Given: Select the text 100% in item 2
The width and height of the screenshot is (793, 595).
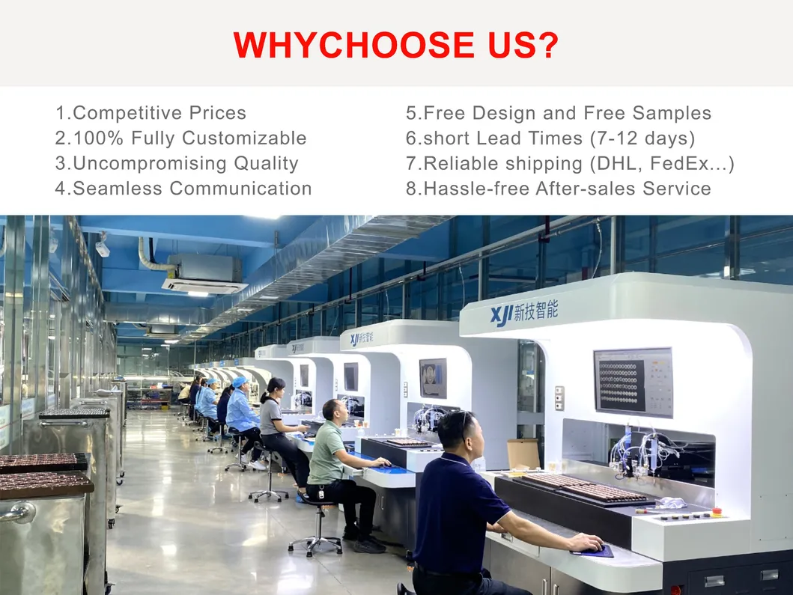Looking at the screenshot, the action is point(98,138).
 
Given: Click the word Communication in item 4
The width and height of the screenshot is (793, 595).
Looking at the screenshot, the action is point(240,188).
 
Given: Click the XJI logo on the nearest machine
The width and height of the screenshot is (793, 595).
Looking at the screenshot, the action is point(502,315).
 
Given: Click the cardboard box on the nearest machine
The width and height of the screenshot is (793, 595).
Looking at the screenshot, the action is point(523,454).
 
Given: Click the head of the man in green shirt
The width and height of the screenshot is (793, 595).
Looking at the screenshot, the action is point(335,412).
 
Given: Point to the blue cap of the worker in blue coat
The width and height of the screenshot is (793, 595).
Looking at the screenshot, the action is point(240,380).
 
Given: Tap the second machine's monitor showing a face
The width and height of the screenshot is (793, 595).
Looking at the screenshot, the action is point(433,378).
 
